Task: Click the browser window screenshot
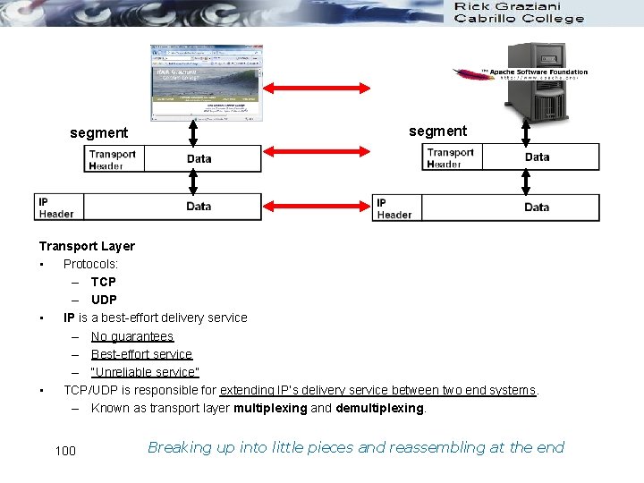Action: pyautogui.click(x=206, y=82)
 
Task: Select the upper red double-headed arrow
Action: pyautogui.click(x=328, y=88)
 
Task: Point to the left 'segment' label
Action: pyautogui.click(x=99, y=133)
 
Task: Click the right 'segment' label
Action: pyautogui.click(x=437, y=131)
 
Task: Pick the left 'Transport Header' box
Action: pyautogui.click(x=114, y=159)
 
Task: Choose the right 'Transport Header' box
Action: pyautogui.click(x=451, y=157)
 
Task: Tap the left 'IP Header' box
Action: pyautogui.click(x=56, y=208)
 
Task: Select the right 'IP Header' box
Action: pyautogui.click(x=394, y=208)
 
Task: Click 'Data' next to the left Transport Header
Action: pyautogui.click(x=199, y=159)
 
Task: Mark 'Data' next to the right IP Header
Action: pyautogui.click(x=537, y=208)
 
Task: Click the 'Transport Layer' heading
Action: pyautogui.click(x=87, y=246)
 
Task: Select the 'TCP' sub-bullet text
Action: pyautogui.click(x=103, y=282)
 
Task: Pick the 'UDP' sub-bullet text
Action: pyautogui.click(x=104, y=300)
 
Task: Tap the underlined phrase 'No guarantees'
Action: pyautogui.click(x=131, y=336)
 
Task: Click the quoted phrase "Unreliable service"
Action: pyautogui.click(x=145, y=372)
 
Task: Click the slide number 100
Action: pyautogui.click(x=65, y=450)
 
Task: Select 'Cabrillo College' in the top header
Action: pyautogui.click(x=520, y=19)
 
